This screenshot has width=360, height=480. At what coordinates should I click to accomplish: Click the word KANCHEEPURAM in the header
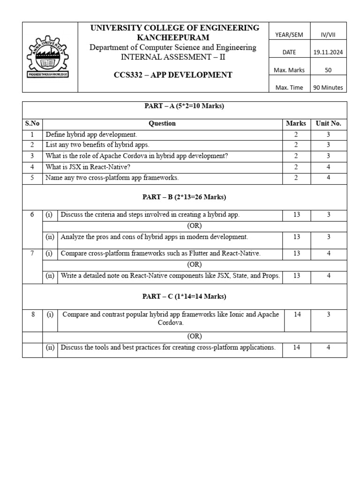click(173, 37)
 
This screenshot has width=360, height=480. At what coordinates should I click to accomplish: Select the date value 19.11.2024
click(329, 52)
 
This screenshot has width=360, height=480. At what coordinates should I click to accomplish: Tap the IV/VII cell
click(329, 35)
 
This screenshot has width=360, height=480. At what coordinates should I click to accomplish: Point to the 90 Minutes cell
click(329, 88)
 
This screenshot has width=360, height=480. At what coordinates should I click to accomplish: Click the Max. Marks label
click(289, 70)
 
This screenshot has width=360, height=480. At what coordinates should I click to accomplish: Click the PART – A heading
click(184, 106)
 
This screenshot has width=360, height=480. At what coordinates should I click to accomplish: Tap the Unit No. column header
click(329, 124)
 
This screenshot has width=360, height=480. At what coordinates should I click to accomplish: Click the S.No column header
click(32, 124)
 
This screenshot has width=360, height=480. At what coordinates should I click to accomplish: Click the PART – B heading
click(184, 197)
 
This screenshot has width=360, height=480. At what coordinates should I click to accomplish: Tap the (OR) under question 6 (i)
click(194, 226)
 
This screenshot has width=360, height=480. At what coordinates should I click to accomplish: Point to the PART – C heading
click(184, 297)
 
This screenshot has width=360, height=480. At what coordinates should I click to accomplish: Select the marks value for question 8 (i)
click(297, 315)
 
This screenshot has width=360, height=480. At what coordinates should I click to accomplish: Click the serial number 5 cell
click(32, 178)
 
